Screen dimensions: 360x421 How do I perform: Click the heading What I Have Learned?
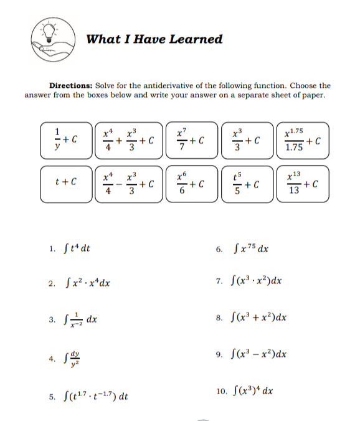tap(154, 39)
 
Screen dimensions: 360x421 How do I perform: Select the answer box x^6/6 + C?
tap(189, 183)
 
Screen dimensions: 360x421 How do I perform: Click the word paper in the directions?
tap(313, 95)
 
